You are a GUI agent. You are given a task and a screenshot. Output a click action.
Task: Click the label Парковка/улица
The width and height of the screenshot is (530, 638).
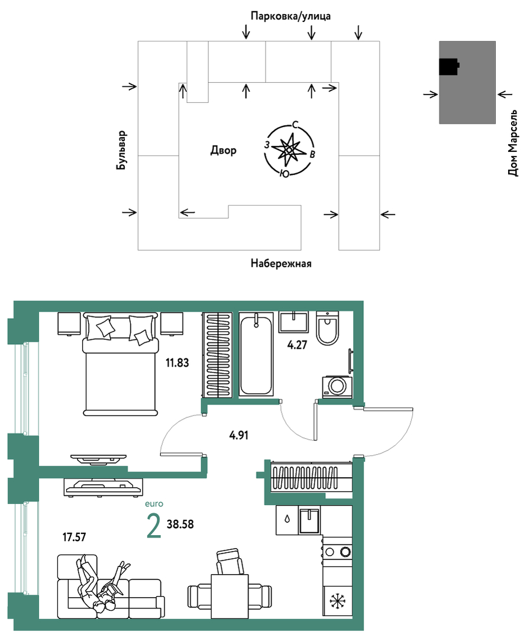290,17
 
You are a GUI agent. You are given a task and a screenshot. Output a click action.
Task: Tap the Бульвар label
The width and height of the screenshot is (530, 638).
121,150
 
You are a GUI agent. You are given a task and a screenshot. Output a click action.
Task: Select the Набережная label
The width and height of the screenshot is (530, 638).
281,264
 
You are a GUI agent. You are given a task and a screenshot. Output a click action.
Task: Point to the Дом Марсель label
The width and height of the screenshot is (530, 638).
513,143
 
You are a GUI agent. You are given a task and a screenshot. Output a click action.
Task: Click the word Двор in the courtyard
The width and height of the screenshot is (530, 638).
223,151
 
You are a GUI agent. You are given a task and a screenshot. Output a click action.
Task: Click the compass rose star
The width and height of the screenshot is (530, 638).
288,150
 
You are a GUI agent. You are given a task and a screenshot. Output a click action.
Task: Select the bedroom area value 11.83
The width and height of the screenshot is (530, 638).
177,362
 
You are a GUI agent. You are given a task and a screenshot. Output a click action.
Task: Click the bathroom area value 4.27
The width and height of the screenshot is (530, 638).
297,345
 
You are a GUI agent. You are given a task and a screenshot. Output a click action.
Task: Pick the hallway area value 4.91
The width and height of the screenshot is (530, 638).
238,435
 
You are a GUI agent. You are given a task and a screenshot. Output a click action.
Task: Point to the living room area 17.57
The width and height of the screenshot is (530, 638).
74,537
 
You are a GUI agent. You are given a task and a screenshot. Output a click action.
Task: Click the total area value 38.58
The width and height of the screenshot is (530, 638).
180,524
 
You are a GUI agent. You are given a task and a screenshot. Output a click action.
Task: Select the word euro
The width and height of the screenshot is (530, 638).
154,504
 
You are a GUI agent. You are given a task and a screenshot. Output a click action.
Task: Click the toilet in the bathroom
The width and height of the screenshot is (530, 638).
327,328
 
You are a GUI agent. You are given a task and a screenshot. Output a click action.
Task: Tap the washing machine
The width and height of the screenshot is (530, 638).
337,386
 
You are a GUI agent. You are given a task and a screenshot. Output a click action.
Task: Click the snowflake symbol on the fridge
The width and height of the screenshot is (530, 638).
337,601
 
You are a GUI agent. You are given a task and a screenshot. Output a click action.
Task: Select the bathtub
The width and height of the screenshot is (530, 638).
256,354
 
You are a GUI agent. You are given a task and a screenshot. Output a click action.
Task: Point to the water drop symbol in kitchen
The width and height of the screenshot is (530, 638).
287,519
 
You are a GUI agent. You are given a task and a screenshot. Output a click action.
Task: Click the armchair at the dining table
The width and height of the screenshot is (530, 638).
230,561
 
